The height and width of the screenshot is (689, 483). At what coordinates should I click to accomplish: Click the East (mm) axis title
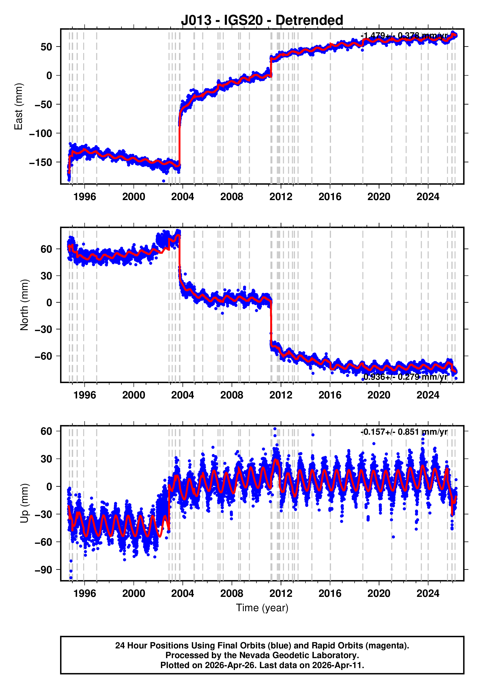coord(19,106)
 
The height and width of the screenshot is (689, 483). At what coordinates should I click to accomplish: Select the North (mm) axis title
coord(24,305)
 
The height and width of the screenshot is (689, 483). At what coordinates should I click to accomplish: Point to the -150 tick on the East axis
coord(40,162)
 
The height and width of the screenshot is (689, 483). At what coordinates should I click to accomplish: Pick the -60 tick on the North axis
coord(43,356)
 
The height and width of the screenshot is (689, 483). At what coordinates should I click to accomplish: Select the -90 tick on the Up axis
coord(43,570)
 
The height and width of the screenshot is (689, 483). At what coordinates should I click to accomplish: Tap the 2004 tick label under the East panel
coord(182,197)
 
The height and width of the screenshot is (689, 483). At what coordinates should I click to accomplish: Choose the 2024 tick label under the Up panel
coord(428,593)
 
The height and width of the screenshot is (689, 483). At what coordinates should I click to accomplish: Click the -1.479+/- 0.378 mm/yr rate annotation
coord(404,36)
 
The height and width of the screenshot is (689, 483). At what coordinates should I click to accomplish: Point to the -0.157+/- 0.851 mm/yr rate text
coord(404,432)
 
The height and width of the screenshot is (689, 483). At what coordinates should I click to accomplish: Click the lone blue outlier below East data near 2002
coord(164,181)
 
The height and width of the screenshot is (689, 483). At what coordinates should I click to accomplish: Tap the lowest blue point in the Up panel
coord(71,578)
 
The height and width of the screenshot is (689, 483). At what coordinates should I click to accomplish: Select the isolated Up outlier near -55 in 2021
coord(393,537)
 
